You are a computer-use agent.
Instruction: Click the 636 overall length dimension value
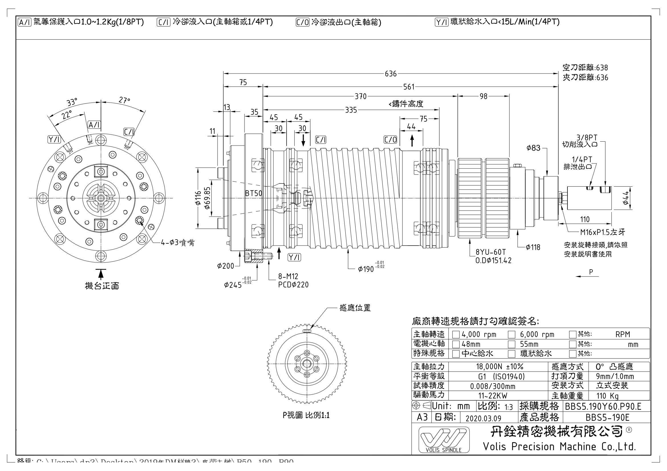(x=390, y=74)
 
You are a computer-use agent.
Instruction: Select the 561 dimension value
(x=409, y=87)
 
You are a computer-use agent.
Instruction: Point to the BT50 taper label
(x=253, y=193)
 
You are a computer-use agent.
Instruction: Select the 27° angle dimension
(x=124, y=100)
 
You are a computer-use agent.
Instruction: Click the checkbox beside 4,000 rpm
(x=456, y=335)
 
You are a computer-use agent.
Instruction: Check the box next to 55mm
(x=512, y=344)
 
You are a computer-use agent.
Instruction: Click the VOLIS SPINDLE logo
(x=444, y=440)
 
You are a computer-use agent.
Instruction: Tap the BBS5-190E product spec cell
(x=607, y=418)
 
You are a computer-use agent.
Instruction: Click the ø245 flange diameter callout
(x=233, y=285)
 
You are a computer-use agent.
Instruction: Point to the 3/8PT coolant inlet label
(x=587, y=138)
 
